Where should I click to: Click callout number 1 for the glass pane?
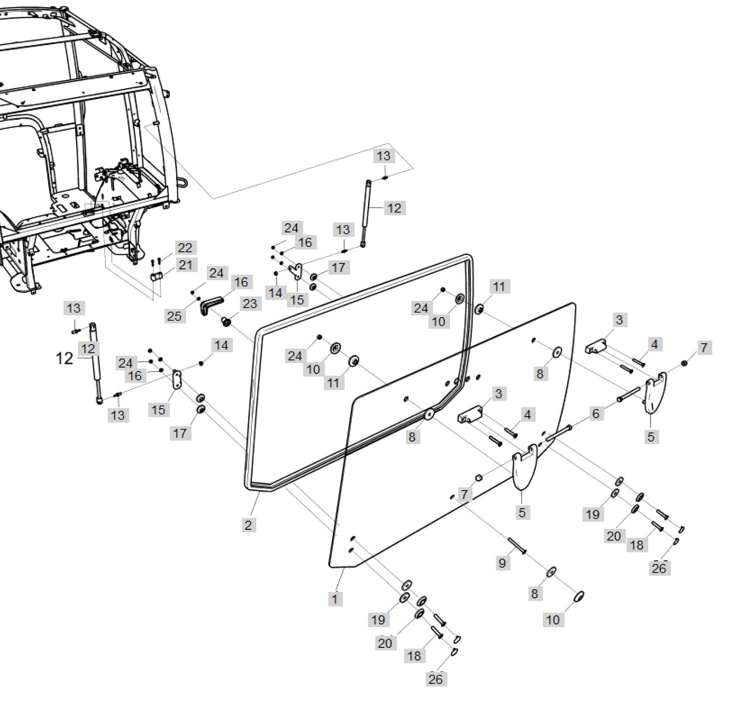(x=334, y=598)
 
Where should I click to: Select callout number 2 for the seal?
(x=248, y=525)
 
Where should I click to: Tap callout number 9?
(x=502, y=563)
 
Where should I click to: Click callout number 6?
(x=595, y=414)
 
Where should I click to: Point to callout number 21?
(x=185, y=265)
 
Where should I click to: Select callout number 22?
(x=185, y=248)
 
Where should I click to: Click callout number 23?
(x=249, y=303)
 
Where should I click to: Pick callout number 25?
(x=174, y=316)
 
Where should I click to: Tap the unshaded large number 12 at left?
(x=65, y=359)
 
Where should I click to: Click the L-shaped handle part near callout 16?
(x=211, y=304)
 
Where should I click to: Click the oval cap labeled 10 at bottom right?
(x=578, y=596)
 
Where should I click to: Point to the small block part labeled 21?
(x=156, y=277)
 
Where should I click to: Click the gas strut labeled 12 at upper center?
(x=367, y=213)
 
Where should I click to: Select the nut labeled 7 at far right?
(x=684, y=363)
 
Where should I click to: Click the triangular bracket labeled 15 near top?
(x=296, y=272)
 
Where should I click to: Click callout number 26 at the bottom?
(x=436, y=679)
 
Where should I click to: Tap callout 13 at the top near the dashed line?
(x=384, y=156)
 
